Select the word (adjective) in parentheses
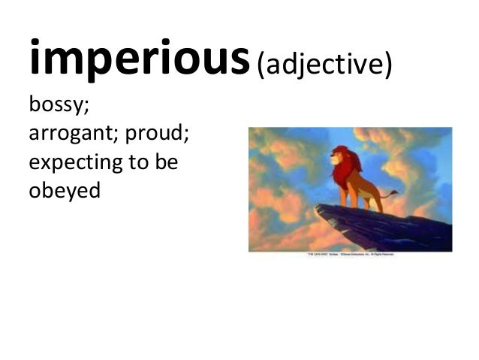pyautogui.click(x=324, y=65)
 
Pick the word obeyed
pyautogui.click(x=64, y=190)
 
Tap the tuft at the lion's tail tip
pyautogui.click(x=394, y=193)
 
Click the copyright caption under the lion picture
pyautogui.click(x=350, y=255)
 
